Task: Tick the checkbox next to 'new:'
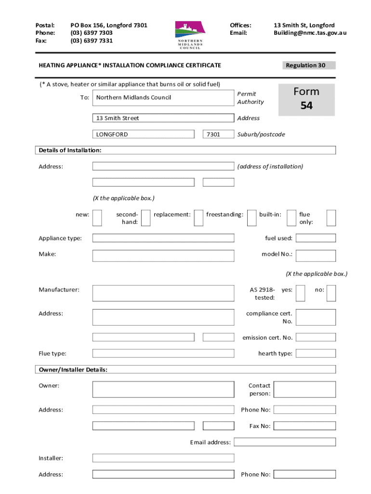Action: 97,218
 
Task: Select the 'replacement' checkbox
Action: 199,218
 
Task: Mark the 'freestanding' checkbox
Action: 252,218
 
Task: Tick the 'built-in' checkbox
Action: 291,218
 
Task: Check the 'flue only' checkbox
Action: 331,218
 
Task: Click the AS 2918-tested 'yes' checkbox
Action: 300,293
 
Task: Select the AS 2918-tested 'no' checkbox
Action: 331,293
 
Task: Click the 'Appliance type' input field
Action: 163,238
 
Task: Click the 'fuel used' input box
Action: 316,238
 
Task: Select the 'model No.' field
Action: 316,255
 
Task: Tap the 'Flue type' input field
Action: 163,353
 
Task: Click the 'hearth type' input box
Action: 316,353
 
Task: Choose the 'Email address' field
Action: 285,442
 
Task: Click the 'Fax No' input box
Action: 305,426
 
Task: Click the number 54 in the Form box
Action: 306,106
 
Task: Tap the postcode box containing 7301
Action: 218,134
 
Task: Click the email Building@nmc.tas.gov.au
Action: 310,33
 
